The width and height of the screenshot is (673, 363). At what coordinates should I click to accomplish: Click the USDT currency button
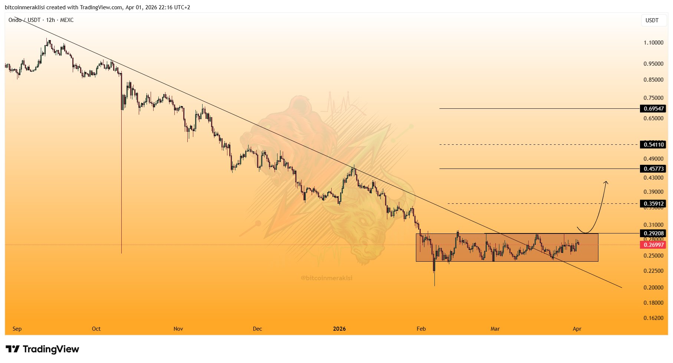click(652, 20)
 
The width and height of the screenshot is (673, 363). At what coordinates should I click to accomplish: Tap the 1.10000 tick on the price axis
click(653, 43)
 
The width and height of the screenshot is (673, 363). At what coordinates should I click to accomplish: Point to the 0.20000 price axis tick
click(653, 288)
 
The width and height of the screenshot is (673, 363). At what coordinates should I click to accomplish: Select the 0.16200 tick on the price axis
click(653, 318)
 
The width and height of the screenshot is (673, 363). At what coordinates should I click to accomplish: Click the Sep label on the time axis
click(17, 329)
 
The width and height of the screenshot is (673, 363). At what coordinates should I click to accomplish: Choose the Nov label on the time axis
click(178, 329)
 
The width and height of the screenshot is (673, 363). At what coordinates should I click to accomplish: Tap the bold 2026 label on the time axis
click(339, 329)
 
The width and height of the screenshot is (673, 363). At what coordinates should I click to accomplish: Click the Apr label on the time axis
click(577, 329)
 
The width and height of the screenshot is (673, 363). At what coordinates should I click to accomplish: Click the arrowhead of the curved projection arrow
click(606, 182)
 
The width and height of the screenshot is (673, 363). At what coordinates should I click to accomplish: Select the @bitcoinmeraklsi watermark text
click(326, 278)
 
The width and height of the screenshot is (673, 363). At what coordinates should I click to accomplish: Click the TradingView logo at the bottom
click(43, 349)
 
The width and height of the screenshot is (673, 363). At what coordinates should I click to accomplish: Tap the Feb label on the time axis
click(421, 329)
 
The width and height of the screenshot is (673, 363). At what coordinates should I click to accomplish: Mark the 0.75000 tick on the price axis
click(653, 98)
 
